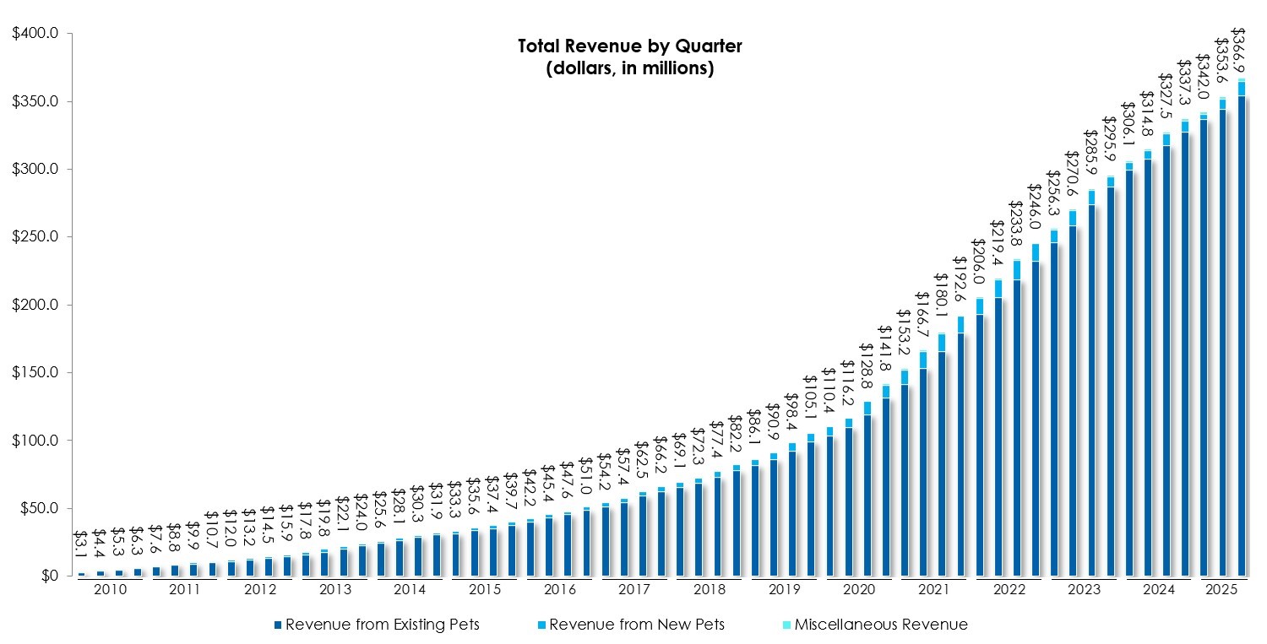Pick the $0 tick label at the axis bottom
[46, 576]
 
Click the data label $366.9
[1240, 51]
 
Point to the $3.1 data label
[81, 548]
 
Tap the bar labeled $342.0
[1204, 345]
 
